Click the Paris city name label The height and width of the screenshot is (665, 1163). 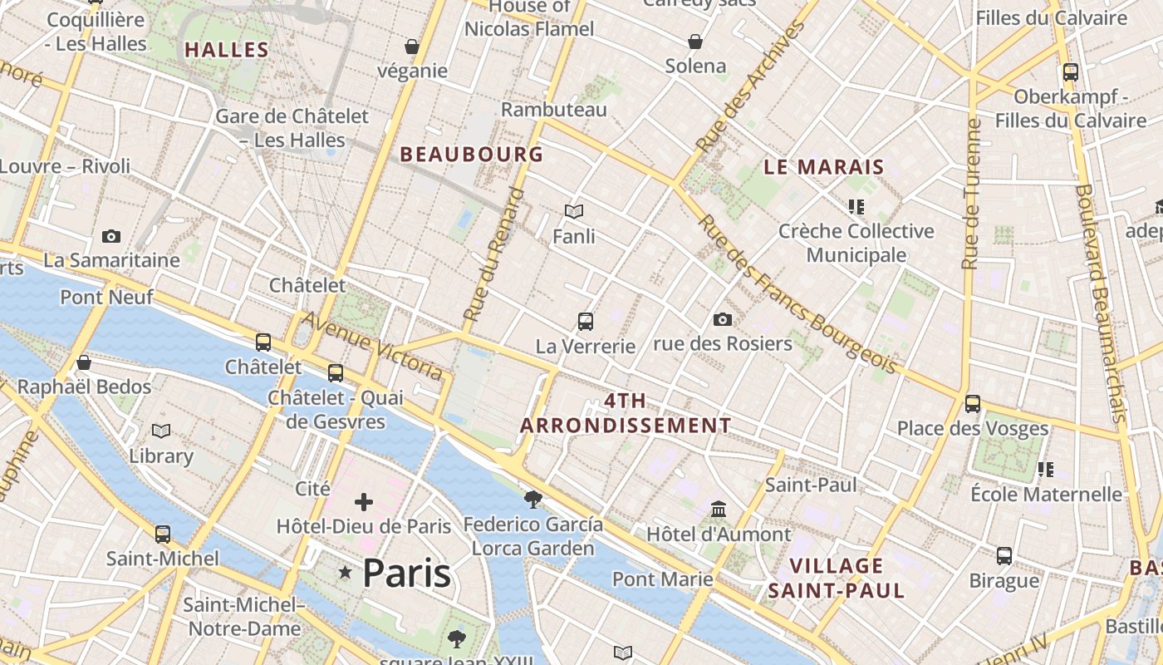click(406, 573)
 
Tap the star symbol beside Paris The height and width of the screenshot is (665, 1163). click(346, 573)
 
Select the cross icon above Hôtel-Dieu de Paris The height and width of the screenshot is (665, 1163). click(363, 502)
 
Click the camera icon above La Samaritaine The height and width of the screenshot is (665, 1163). click(111, 237)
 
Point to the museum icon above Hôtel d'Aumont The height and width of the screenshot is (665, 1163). click(719, 509)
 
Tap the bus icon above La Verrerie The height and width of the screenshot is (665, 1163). click(586, 321)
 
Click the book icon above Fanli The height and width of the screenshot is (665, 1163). click(574, 211)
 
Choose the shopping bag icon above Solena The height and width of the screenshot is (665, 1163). click(695, 42)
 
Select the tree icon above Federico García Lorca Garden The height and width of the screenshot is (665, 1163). click(533, 499)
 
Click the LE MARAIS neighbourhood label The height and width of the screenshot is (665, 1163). click(824, 167)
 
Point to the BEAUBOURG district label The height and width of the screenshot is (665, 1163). click(472, 155)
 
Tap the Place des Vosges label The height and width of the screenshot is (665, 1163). click(973, 429)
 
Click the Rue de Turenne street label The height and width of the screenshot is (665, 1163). click(970, 194)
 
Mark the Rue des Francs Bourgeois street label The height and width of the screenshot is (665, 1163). click(797, 294)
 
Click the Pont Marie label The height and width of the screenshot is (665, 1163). click(662, 579)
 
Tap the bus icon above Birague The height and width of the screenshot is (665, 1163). click(1004, 555)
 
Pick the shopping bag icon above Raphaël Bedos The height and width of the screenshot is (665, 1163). click(84, 362)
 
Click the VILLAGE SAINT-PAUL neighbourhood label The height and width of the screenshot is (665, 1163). click(836, 579)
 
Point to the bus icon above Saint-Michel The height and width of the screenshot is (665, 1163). click(163, 534)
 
